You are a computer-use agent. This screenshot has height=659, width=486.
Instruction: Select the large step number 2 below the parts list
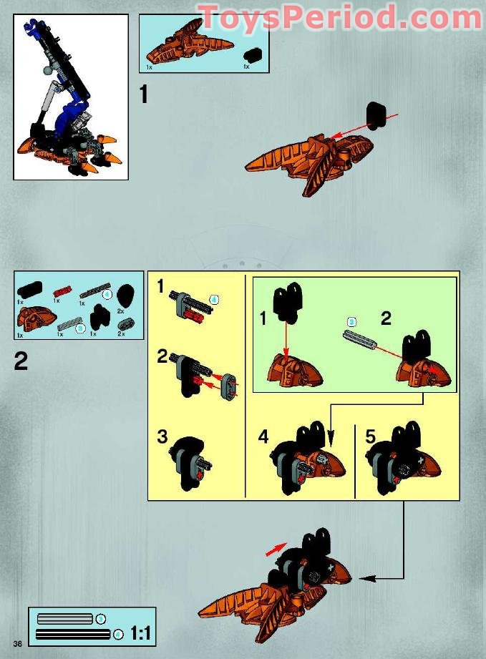(21, 361)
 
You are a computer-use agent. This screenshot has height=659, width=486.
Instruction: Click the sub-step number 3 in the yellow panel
(162, 436)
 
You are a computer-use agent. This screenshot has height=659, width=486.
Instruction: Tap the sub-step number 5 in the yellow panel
(370, 437)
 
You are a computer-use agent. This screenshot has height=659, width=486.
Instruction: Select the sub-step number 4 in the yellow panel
(263, 437)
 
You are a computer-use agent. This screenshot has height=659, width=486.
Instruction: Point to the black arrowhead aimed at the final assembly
(364, 577)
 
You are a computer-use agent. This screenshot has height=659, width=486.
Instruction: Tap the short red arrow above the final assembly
(273, 549)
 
